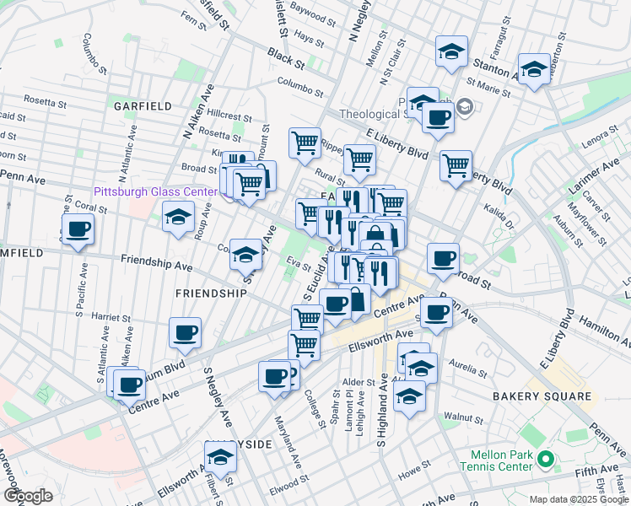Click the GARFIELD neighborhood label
142,106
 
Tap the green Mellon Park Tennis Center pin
545,460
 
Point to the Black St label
285,57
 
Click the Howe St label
414,463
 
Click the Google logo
27,495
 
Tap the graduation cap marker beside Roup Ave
178,220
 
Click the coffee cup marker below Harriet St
185,332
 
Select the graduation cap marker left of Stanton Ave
451,51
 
